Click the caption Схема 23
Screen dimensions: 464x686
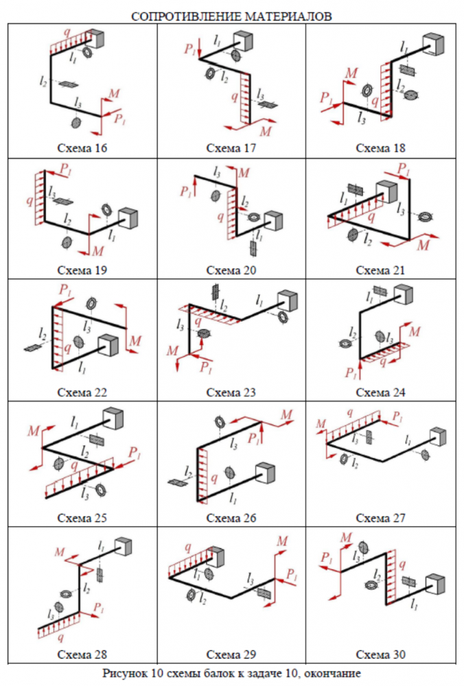(x=231, y=393)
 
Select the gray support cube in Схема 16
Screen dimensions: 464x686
(x=97, y=39)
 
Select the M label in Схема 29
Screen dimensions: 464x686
(x=281, y=543)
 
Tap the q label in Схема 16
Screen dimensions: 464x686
(x=66, y=32)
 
